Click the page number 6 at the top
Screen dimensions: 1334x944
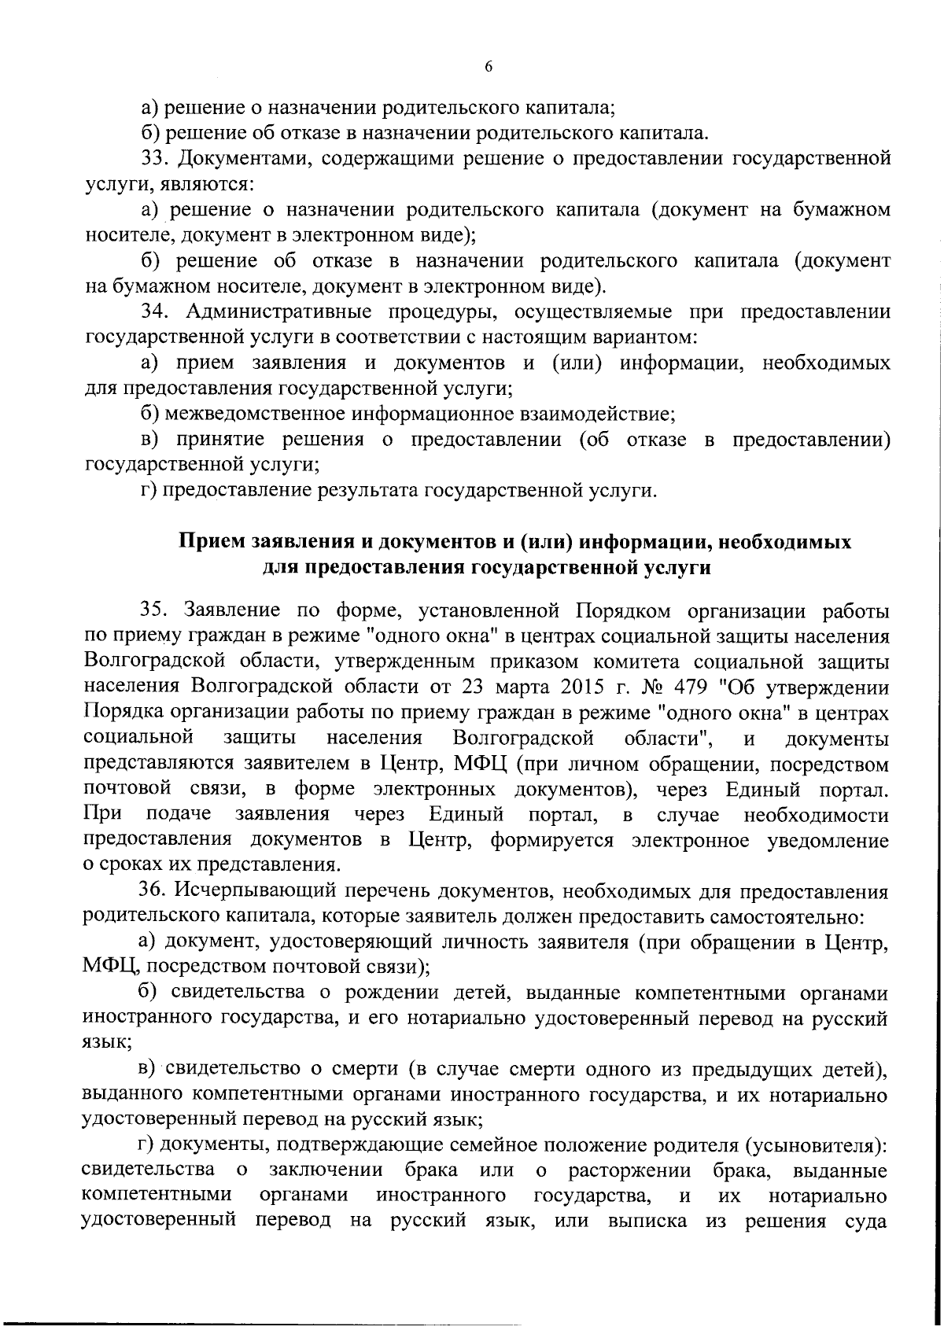tap(488, 68)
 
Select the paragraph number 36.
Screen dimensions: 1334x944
tap(153, 892)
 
